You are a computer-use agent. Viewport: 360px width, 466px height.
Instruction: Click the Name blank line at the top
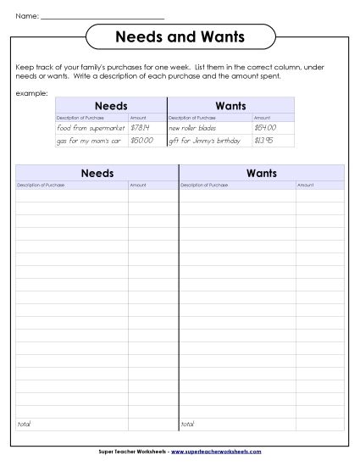coord(102,16)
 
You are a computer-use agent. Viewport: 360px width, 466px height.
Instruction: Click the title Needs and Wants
coord(180,37)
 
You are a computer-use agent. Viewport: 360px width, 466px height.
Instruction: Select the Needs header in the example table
coord(111,106)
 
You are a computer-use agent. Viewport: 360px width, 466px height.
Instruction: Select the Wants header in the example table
coord(230,106)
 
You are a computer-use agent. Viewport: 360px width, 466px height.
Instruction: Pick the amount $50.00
coord(141,140)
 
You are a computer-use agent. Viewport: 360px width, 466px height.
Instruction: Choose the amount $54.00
coord(265,127)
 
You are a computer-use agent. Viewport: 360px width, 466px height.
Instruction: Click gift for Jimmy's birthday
coord(205,140)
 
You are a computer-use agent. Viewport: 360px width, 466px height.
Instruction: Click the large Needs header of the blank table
coord(97,173)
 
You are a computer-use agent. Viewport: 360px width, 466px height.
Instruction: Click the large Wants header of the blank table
coord(262,173)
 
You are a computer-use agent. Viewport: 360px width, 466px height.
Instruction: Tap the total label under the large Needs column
coord(23,423)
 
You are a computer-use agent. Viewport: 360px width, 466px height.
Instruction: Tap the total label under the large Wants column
coord(187,423)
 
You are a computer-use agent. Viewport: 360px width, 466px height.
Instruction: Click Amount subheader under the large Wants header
coord(306,184)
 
